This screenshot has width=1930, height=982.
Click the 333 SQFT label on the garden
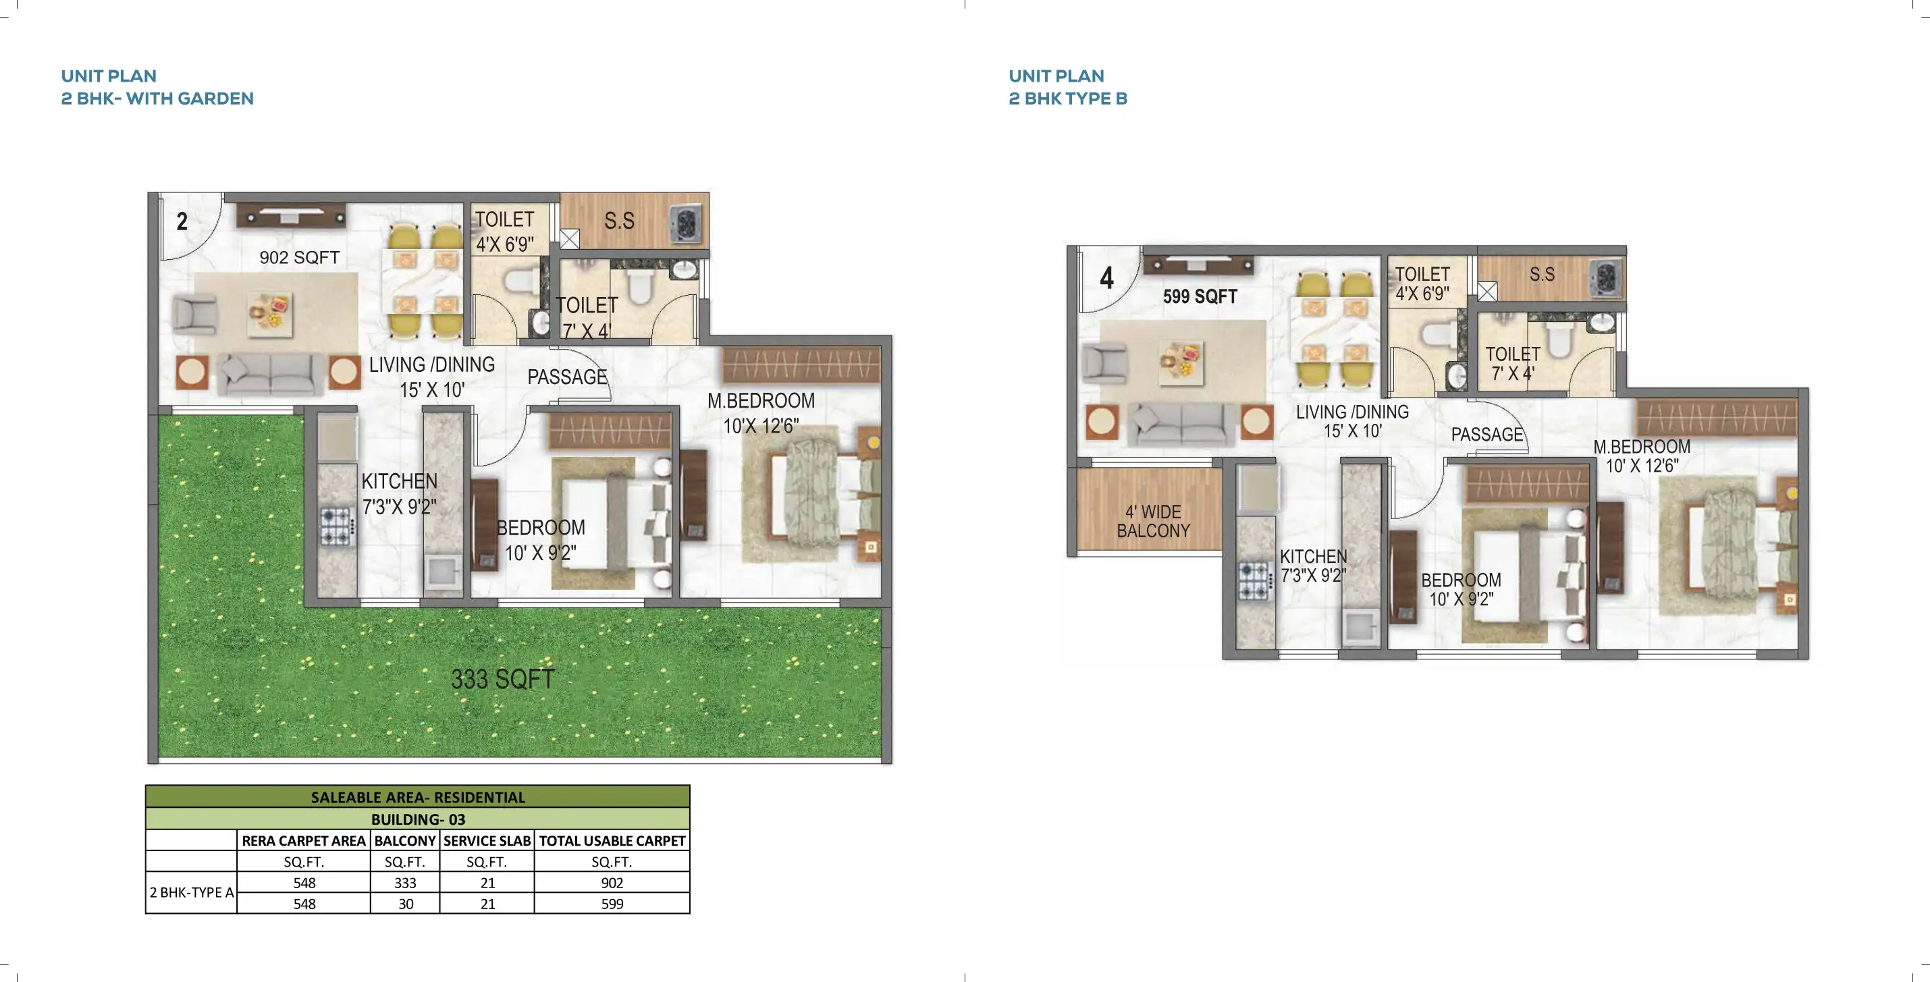(502, 680)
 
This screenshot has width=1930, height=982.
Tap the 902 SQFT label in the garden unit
(299, 258)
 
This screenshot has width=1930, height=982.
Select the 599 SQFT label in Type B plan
(1200, 296)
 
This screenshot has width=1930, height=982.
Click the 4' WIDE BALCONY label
(1153, 521)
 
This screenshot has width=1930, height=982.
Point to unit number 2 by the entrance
(182, 222)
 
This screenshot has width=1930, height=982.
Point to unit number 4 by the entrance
(1106, 279)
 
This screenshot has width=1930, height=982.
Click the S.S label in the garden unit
(619, 221)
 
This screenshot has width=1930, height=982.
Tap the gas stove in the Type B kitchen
(1254, 580)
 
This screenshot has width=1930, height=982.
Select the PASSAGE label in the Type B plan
(1487, 435)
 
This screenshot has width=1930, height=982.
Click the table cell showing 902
(612, 882)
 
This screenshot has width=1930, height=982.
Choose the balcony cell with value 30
(405, 903)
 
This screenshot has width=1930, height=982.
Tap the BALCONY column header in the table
(404, 840)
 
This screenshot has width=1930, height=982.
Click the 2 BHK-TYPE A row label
(192, 892)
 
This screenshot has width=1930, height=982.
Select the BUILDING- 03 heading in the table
(417, 819)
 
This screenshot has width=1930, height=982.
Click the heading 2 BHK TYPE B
(1068, 99)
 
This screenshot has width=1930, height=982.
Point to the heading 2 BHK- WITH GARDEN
(157, 99)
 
